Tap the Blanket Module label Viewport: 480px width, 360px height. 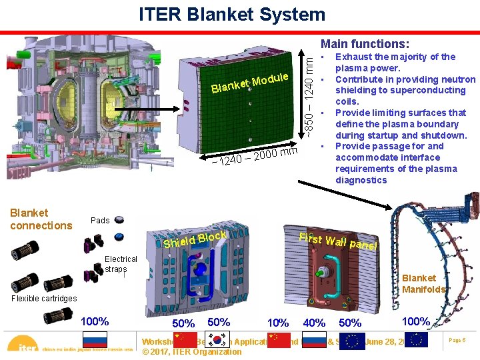pos(249,83)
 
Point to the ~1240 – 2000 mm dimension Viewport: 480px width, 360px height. pos(249,157)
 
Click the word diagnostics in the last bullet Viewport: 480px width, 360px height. pos(361,180)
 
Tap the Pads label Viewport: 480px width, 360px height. pos(100,221)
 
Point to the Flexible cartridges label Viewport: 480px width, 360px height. pos(44,299)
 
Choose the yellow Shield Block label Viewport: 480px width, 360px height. pos(195,239)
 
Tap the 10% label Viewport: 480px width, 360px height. pos(277,323)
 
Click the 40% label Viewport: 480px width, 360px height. pos(315,323)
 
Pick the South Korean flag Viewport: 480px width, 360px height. pos(219,339)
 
